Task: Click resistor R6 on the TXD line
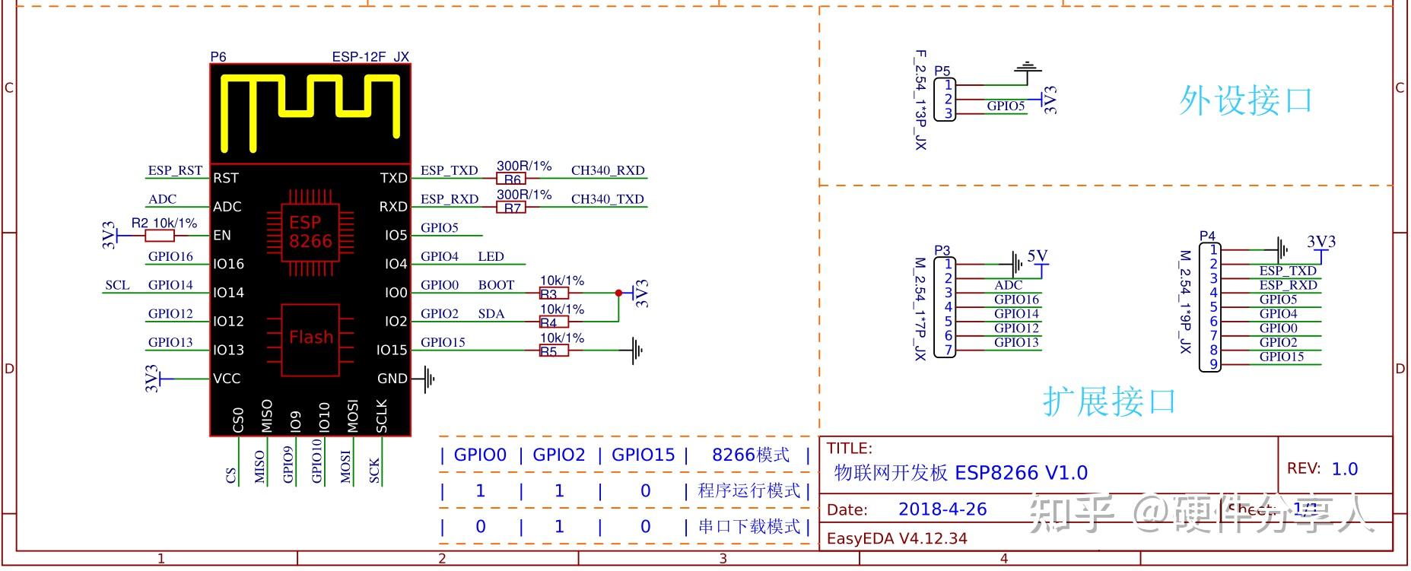pyautogui.click(x=512, y=179)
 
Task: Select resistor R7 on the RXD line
pyautogui.click(x=512, y=208)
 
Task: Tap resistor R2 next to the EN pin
pyautogui.click(x=159, y=236)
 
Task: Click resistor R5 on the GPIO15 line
pyautogui.click(x=553, y=351)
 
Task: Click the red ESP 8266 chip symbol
pyautogui.click(x=310, y=232)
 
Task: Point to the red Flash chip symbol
pyautogui.click(x=310, y=338)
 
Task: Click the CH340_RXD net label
pyautogui.click(x=607, y=170)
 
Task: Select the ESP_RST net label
pyautogui.click(x=175, y=170)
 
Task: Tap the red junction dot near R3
pyautogui.click(x=618, y=293)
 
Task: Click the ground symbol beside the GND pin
pyautogui.click(x=429, y=378)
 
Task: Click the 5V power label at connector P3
pyautogui.click(x=1038, y=256)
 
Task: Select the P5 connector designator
pyautogui.click(x=942, y=71)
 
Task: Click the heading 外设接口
pyautogui.click(x=1245, y=100)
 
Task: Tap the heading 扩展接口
pyautogui.click(x=1109, y=401)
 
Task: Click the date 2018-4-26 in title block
pyautogui.click(x=942, y=509)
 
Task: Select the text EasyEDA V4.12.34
pyautogui.click(x=897, y=538)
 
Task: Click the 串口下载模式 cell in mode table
pyautogui.click(x=749, y=526)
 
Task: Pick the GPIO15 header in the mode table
pyautogui.click(x=643, y=455)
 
